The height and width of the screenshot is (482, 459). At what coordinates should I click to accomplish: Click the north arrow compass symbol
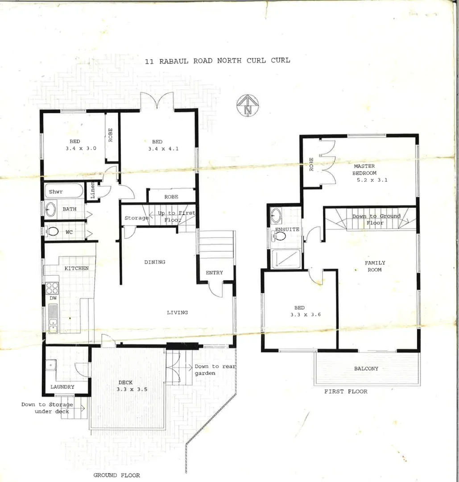[x=247, y=106]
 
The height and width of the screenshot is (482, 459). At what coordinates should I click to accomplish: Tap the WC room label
[x=69, y=232]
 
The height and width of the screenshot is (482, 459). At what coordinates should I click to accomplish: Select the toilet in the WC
[x=53, y=232]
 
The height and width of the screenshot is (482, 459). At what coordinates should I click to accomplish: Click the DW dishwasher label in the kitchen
[x=53, y=298]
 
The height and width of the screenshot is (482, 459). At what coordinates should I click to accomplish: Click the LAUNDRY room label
[x=62, y=387]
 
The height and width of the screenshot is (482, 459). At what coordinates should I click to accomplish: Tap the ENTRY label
[x=214, y=273]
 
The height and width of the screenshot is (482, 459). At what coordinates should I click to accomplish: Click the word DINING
[x=154, y=262]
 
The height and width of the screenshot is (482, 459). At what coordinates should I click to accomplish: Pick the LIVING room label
[x=177, y=312]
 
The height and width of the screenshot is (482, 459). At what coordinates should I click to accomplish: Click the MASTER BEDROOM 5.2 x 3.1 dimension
[x=372, y=180]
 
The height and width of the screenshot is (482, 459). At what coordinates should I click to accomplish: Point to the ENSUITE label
[x=286, y=229]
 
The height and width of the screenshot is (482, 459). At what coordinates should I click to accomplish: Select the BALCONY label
[x=366, y=369]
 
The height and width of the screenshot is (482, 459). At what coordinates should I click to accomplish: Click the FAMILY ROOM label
[x=375, y=266]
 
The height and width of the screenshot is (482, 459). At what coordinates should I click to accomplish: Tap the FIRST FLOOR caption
[x=346, y=391]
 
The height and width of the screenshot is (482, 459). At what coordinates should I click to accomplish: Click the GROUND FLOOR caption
[x=116, y=475]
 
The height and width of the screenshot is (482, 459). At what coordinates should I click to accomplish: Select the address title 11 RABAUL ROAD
[x=217, y=60]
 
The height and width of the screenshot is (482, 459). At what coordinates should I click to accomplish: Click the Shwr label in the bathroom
[x=56, y=192]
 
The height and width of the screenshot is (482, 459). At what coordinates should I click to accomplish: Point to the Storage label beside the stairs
[x=136, y=218]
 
